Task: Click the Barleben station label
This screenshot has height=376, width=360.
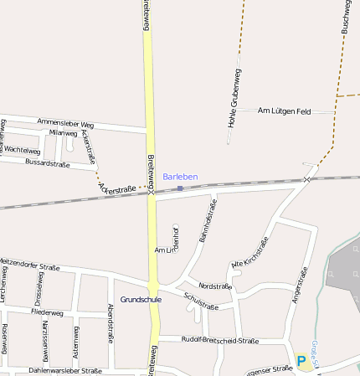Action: [180, 177]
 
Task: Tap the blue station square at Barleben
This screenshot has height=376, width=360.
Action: [180, 188]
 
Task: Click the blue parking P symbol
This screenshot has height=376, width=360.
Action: [301, 361]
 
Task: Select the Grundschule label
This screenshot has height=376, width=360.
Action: [141, 299]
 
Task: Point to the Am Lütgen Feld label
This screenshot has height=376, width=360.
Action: [284, 111]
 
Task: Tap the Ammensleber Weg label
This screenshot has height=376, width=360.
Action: [65, 123]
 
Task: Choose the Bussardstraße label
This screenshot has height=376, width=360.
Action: [53, 162]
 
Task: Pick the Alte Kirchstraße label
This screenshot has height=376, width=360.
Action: [249, 254]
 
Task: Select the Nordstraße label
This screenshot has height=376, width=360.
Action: [215, 286]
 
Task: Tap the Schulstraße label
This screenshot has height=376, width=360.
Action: [200, 301]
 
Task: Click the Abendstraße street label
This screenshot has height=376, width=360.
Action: [110, 323]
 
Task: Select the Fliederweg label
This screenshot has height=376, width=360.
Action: [46, 313]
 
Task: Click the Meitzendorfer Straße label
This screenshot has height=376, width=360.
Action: [30, 266]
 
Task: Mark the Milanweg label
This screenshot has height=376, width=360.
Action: [63, 133]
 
